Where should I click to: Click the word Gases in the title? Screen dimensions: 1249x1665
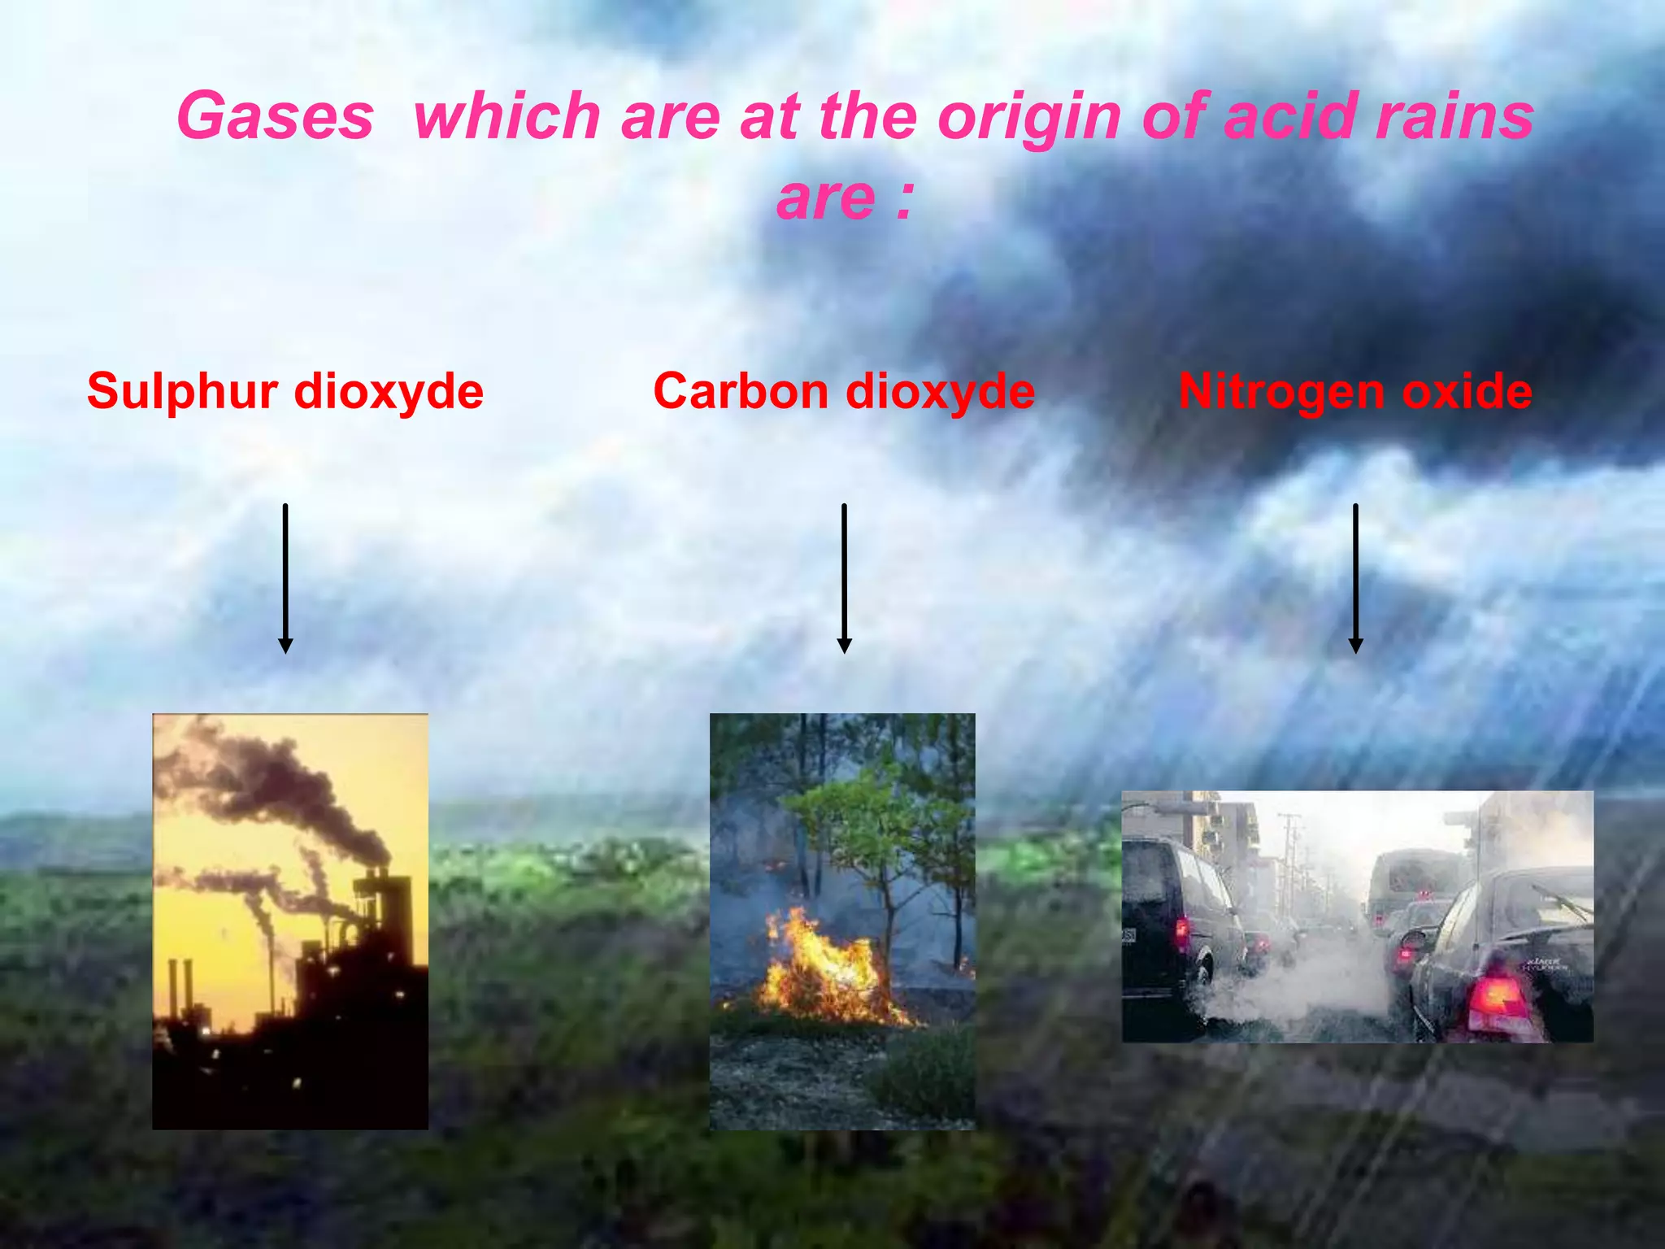pos(275,116)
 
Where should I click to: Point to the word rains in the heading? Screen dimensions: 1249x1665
pos(1454,116)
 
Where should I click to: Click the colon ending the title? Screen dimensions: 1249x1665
pos(905,199)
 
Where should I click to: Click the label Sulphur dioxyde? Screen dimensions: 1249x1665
pos(285,391)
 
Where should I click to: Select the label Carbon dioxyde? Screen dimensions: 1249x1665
pos(844,391)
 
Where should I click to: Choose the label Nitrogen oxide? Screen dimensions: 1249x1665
pos(1355,391)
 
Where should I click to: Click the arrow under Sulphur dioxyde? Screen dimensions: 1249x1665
pos(285,578)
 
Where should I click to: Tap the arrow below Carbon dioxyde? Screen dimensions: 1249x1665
pos(844,578)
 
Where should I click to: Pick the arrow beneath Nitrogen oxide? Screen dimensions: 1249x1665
pos(1355,578)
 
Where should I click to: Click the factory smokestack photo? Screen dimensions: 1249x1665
pos(290,921)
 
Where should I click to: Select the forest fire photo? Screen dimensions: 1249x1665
pos(842,921)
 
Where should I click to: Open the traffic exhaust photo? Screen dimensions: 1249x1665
pos(1357,916)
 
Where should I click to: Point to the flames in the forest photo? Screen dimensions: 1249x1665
pos(821,972)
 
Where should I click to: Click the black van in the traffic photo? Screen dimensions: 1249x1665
pos(1175,927)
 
